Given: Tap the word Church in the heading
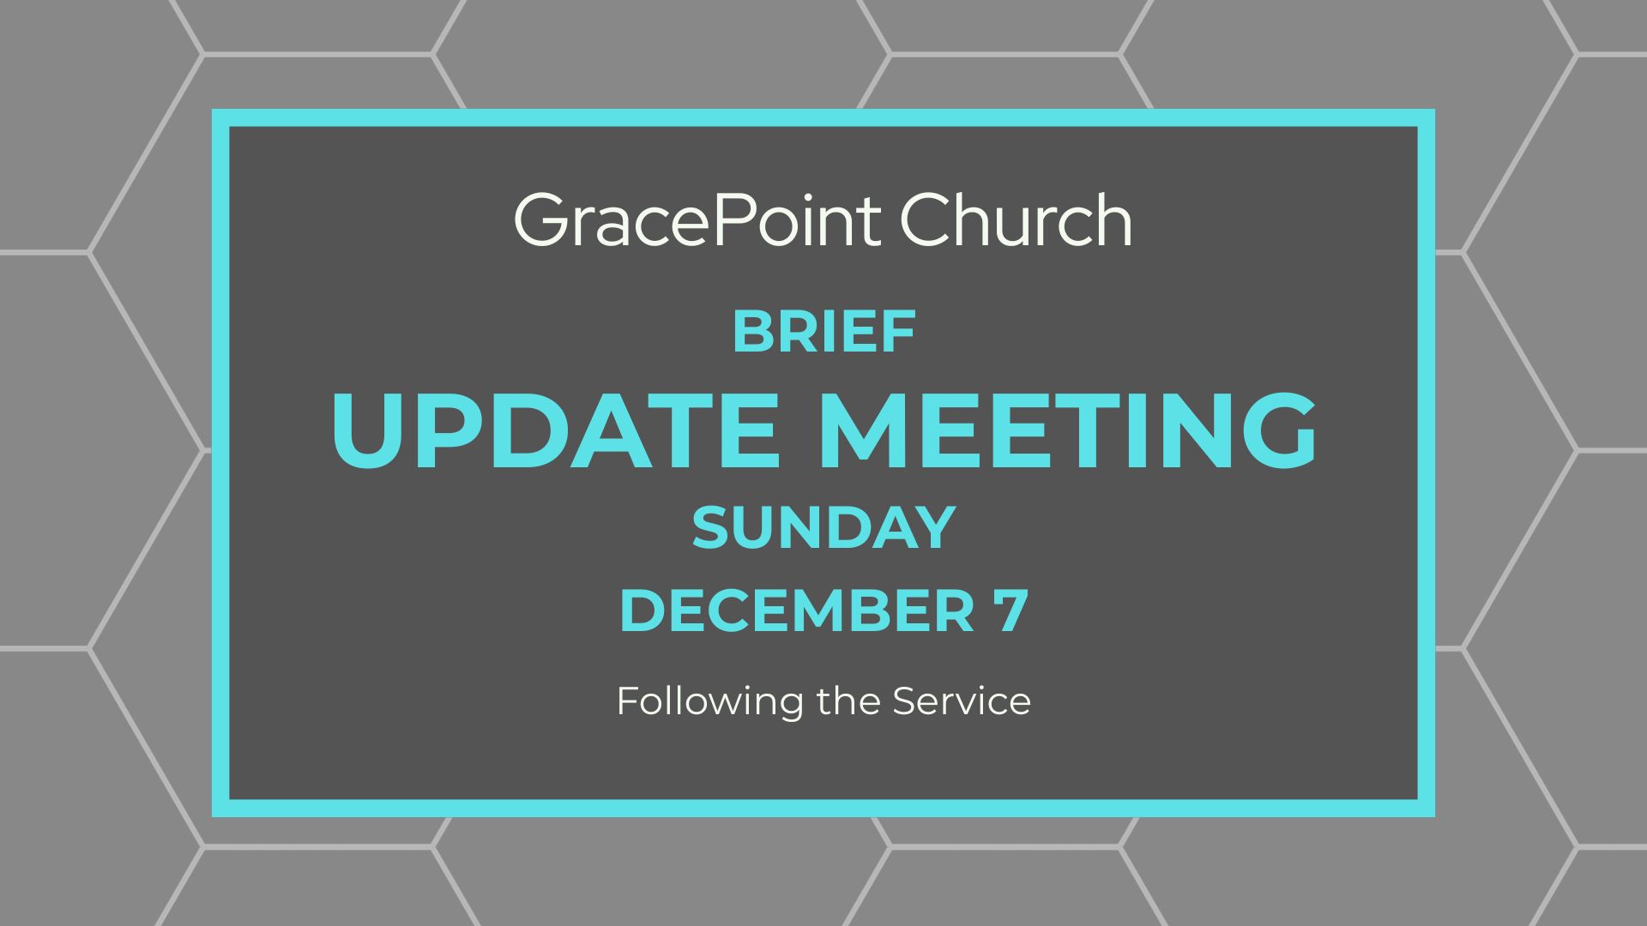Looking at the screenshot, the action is [1017, 220].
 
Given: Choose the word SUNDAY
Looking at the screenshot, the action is [823, 527].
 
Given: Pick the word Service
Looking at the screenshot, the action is [962, 701].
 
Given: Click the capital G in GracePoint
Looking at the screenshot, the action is [541, 220].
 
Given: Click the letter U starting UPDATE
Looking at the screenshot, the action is [366, 430].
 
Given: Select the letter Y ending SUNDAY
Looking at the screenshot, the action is [933, 527].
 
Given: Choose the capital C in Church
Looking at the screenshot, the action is [926, 220].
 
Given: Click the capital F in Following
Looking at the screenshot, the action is [628, 701].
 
